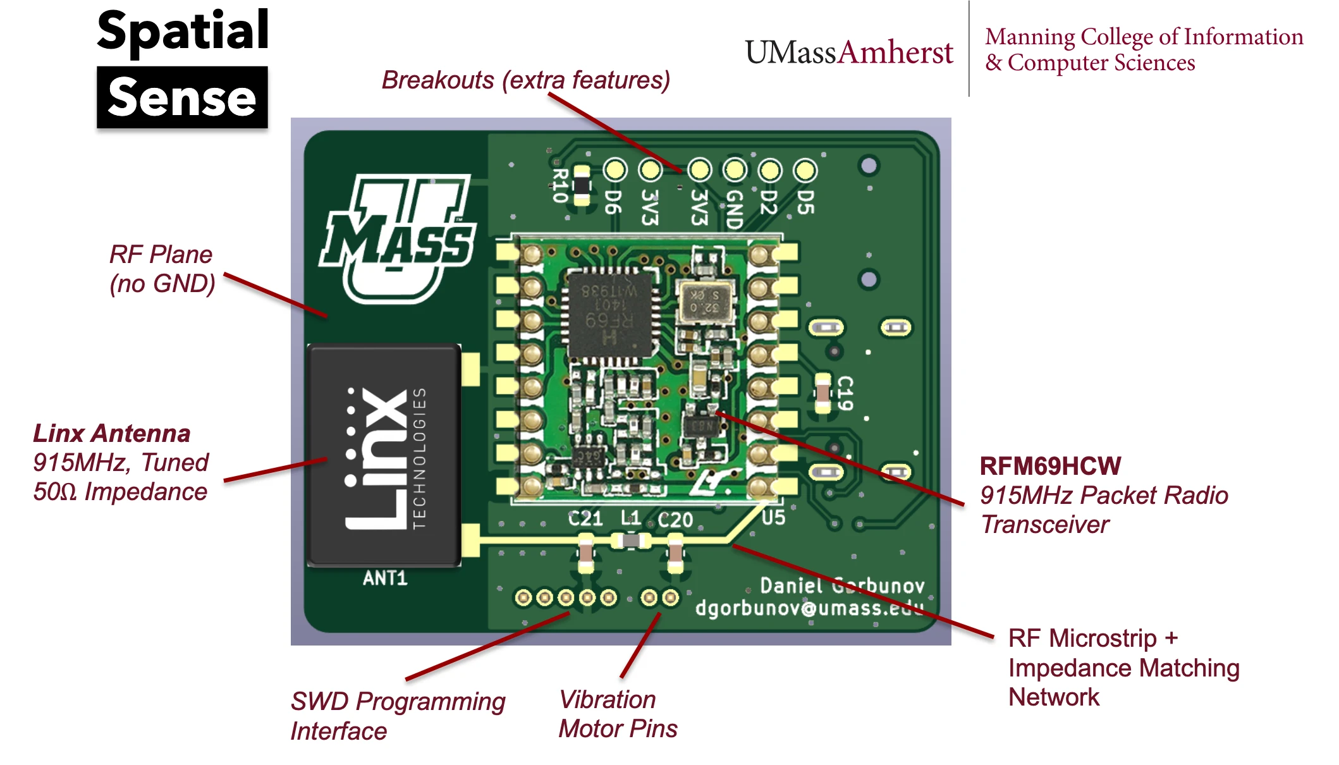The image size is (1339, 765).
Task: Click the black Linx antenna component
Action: [384, 455]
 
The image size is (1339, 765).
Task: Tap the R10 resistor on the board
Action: [580, 185]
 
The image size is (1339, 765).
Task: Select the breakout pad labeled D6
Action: [615, 169]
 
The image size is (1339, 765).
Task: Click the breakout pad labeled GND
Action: [735, 169]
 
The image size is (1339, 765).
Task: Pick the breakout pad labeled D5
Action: [805, 169]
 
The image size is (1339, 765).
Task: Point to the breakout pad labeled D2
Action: [769, 169]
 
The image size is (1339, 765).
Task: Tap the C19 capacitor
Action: [822, 393]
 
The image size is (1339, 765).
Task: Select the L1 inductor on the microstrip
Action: [631, 541]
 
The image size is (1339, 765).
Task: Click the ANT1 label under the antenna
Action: [385, 578]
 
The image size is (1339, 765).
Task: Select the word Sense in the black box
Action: [182, 98]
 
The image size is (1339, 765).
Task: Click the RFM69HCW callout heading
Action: [1050, 466]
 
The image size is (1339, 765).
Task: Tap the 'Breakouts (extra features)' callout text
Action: [525, 80]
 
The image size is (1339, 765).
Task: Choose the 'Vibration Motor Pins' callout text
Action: [618, 714]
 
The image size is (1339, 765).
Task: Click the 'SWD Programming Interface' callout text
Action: [398, 716]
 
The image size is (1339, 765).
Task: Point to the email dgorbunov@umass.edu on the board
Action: [809, 608]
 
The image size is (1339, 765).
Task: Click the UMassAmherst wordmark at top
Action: [848, 52]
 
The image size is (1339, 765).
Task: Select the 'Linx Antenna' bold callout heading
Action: [112, 434]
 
